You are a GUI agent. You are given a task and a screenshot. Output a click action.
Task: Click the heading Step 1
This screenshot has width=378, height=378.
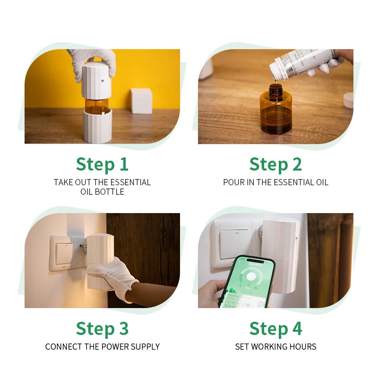tap(102, 164)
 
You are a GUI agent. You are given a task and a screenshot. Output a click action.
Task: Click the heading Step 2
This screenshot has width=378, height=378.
tap(275, 164)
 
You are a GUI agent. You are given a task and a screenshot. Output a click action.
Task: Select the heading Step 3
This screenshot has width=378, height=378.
tap(102, 329)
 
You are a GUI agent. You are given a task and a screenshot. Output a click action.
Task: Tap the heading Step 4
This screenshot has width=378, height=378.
tap(275, 329)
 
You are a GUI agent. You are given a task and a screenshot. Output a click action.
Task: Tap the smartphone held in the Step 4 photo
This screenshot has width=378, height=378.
tap(247, 282)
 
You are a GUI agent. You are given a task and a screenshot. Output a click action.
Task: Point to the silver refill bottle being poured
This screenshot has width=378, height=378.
tap(302, 62)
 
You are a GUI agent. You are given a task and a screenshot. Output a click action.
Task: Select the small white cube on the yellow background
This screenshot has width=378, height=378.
tap(141, 101)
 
